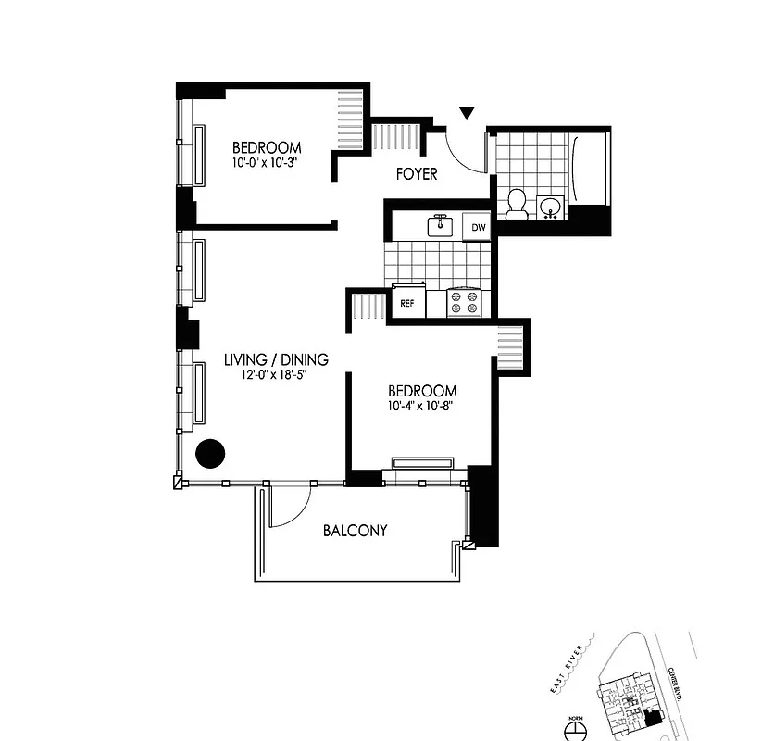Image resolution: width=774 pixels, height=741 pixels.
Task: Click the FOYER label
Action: tap(416, 174)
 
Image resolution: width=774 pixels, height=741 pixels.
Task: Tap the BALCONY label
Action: tap(355, 531)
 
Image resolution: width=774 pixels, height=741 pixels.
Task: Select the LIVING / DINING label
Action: tap(276, 359)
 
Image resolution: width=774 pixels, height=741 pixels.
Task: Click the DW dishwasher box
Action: tap(478, 227)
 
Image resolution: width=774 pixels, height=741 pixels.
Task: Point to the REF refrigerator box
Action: tap(407, 303)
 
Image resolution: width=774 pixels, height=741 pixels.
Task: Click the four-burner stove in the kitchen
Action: tap(467, 303)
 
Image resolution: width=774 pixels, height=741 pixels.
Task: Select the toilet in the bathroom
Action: tap(517, 204)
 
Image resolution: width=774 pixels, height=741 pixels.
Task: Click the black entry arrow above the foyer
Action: tap(468, 113)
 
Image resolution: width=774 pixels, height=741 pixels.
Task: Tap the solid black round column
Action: tap(211, 452)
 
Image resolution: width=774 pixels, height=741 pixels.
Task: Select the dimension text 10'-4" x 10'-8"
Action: tap(420, 405)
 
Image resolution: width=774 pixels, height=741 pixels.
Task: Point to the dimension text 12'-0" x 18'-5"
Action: tap(275, 374)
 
